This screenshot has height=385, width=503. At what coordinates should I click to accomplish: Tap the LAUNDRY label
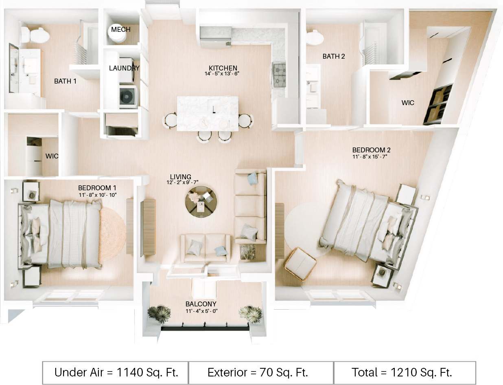coord(124,68)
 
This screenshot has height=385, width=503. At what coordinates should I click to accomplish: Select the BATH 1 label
coord(65,81)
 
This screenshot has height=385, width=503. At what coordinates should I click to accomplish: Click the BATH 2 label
coord(333,56)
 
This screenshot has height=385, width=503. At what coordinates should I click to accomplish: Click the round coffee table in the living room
coord(201,201)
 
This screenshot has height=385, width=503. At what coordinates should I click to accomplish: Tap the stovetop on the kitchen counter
coord(279,75)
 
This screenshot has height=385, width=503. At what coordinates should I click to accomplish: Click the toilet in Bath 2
coord(315,38)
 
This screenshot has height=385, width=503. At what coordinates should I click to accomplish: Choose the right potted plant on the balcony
coord(251,314)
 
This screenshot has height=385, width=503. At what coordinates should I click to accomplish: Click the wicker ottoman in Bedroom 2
coord(300,263)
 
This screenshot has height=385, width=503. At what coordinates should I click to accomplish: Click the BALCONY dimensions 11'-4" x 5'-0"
coord(201,312)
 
